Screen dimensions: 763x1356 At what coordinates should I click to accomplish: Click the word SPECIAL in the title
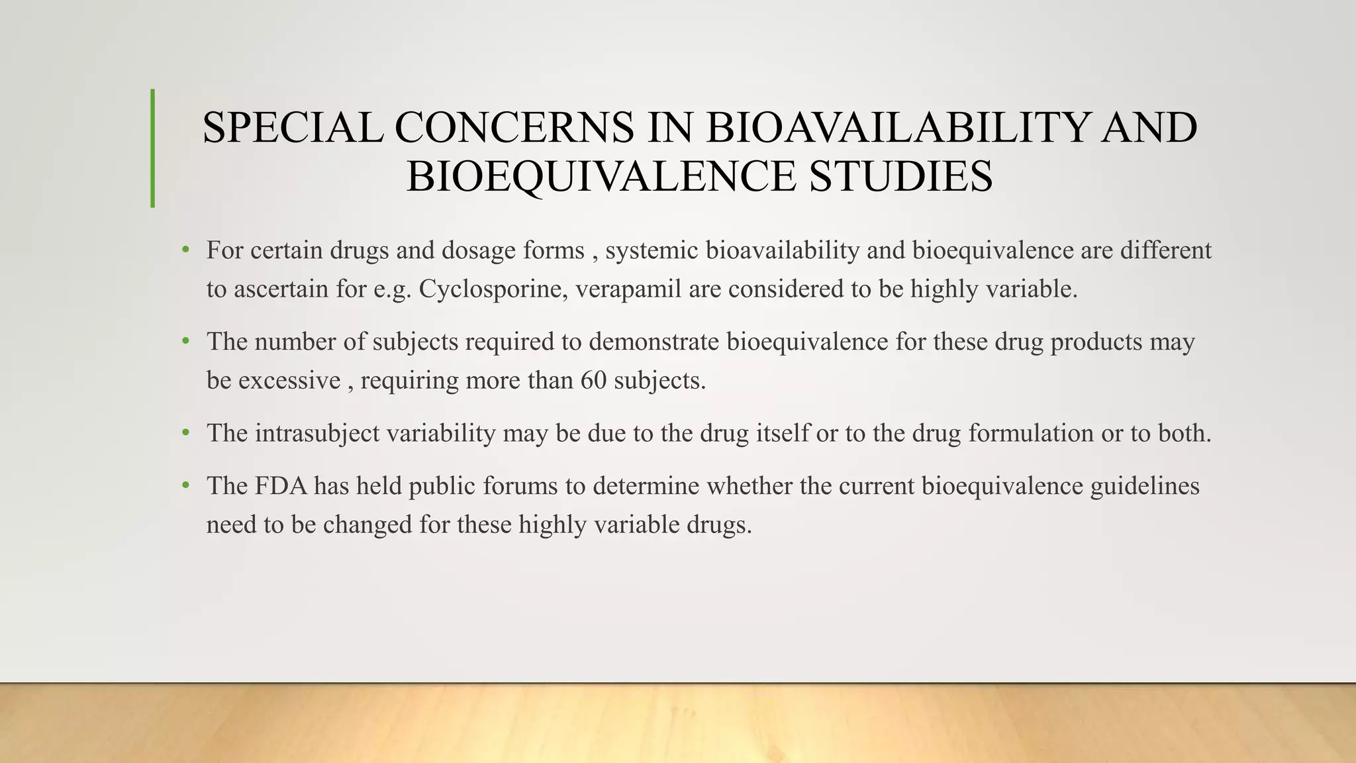point(292,127)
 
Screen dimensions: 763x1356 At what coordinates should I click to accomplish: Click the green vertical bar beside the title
point(153,148)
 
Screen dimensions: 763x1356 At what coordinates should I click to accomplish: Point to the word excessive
point(289,380)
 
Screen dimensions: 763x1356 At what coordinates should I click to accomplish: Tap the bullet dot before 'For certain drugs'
point(186,250)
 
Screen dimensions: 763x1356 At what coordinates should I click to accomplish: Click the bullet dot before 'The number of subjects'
point(186,342)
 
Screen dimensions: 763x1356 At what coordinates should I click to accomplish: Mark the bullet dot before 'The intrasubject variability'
point(186,433)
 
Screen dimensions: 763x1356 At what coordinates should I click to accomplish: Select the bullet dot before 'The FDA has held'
point(186,485)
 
